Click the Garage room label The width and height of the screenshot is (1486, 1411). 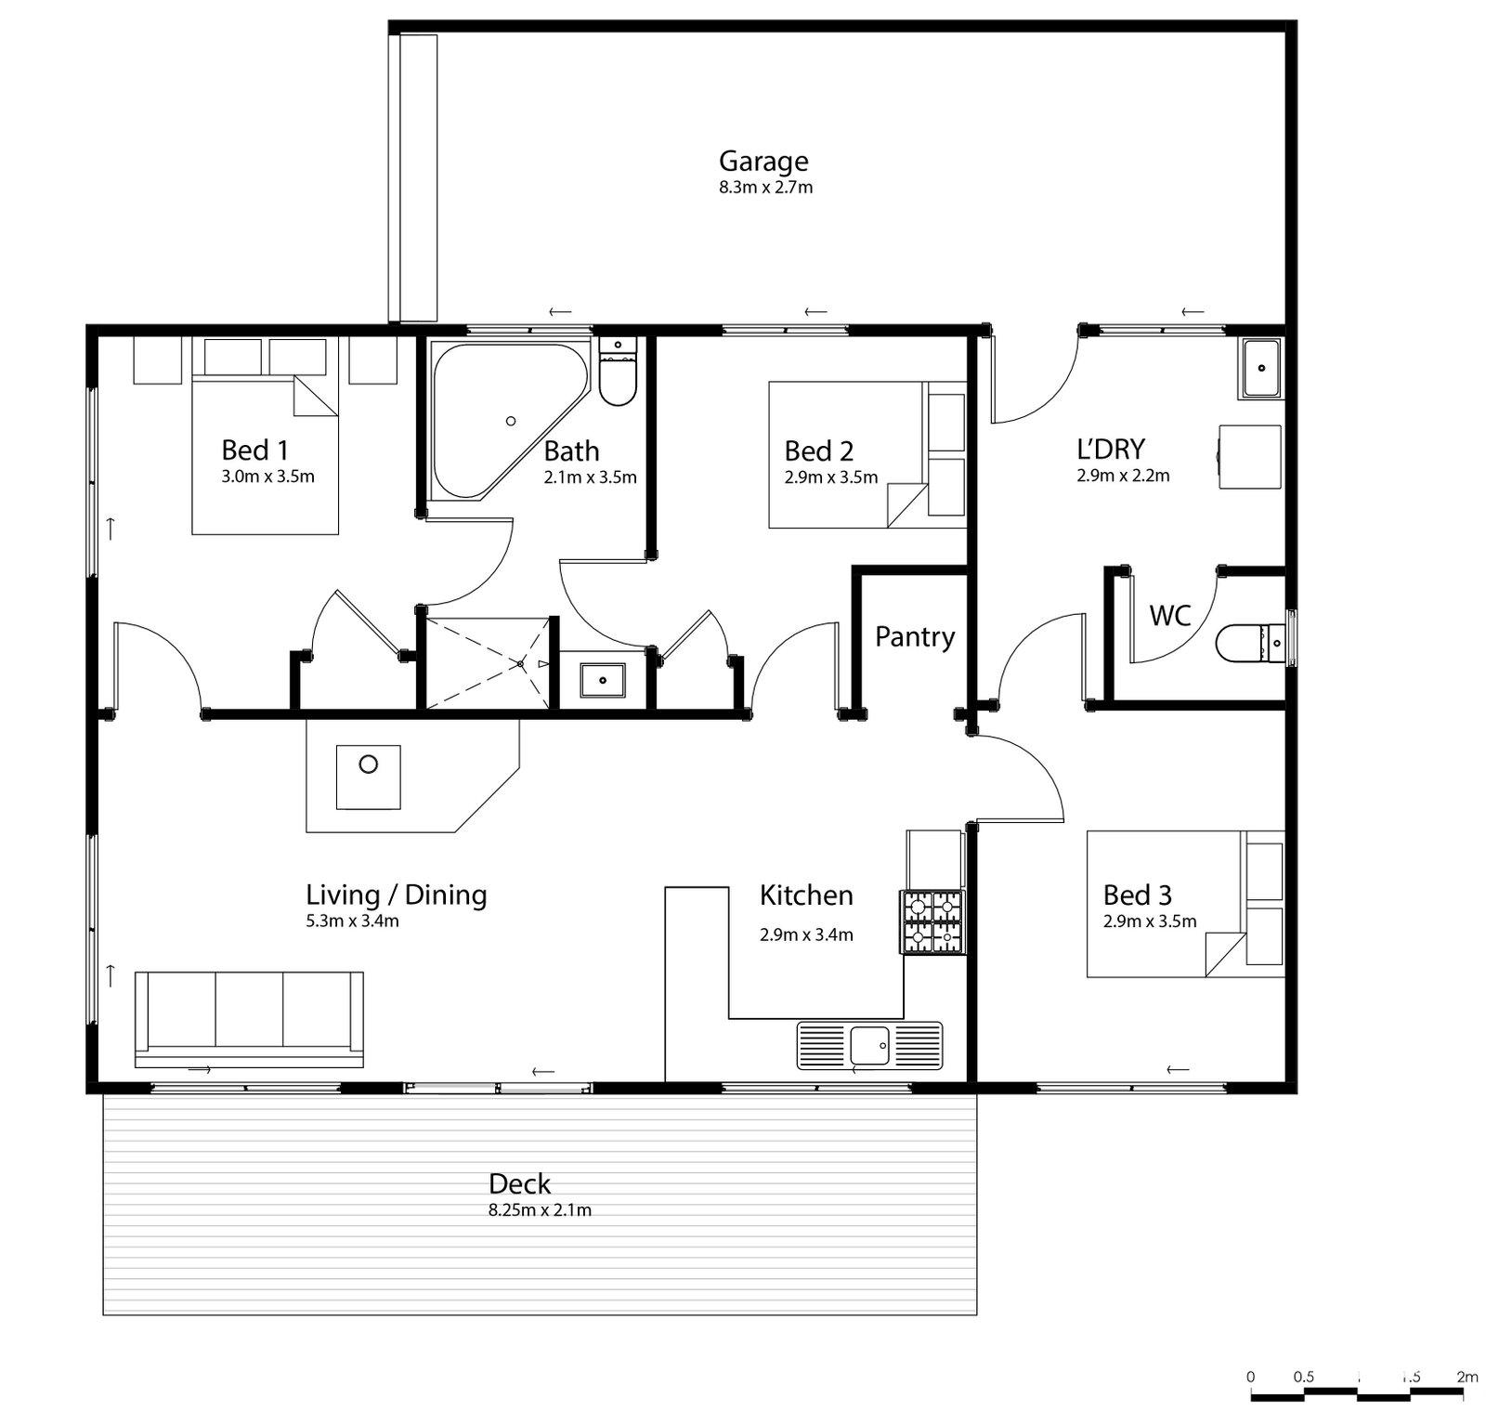[x=763, y=162]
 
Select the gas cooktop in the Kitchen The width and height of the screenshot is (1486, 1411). [x=932, y=921]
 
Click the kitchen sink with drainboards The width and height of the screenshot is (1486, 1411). [x=869, y=1046]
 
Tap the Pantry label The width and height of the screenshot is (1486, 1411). [x=915, y=637]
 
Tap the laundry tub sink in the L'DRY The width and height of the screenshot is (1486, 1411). [x=1261, y=369]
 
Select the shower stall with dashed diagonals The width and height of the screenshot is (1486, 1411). [x=487, y=663]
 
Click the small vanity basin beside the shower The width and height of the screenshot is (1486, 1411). [x=603, y=680]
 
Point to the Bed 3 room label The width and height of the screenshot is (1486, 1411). [x=1137, y=895]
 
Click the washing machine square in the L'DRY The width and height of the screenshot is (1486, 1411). [x=1250, y=455]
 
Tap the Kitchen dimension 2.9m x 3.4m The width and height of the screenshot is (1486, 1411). [x=806, y=935]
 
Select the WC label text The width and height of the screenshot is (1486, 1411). [x=1169, y=615]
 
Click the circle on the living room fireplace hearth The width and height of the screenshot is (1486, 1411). [x=369, y=764]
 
